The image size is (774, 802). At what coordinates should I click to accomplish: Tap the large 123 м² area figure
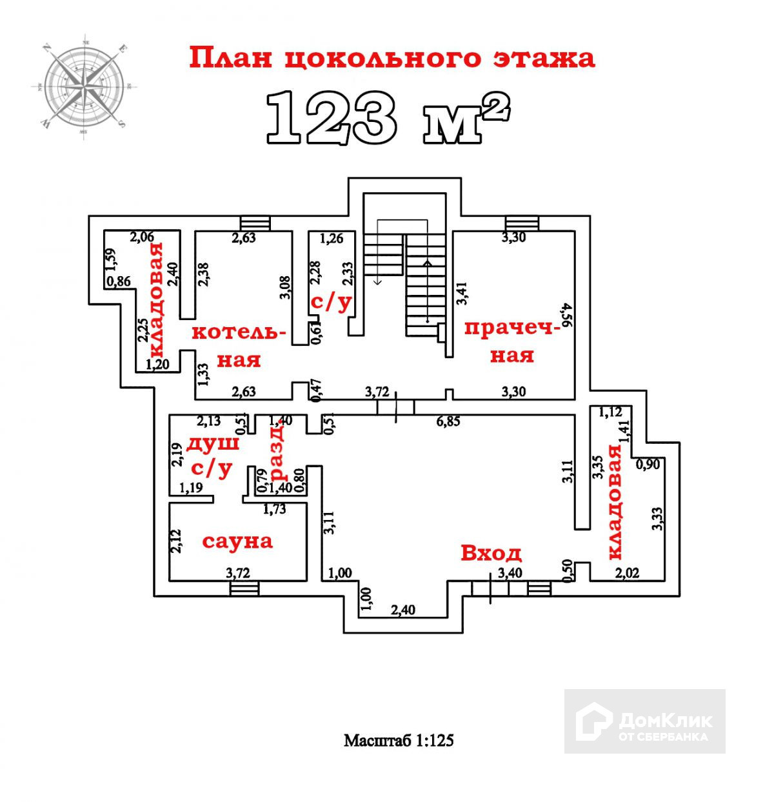tap(387, 117)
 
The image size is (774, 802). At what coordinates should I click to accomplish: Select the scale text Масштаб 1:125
tap(399, 740)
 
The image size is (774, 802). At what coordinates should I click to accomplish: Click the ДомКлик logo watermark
tap(644, 721)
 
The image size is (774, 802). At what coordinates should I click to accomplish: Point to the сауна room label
tap(237, 541)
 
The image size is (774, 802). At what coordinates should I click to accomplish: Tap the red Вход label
tap(490, 553)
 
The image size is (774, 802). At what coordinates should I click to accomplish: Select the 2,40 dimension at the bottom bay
tap(404, 609)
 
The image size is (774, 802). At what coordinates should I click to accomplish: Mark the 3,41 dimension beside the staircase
tap(461, 292)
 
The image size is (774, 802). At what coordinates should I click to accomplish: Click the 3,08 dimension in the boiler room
tap(286, 288)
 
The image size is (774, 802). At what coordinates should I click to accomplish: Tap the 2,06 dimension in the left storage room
tap(143, 237)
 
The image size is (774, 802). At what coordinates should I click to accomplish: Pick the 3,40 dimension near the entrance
tap(509, 572)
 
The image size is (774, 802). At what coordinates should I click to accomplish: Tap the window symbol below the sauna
tap(244, 588)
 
